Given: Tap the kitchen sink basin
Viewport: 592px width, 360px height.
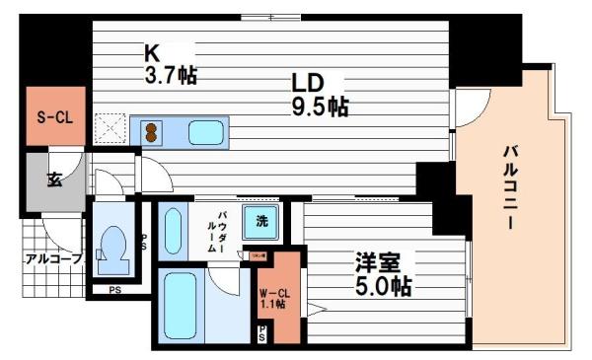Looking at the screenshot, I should [205, 131].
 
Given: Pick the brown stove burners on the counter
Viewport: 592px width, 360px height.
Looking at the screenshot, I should [151, 131].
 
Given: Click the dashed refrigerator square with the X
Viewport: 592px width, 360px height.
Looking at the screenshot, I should [111, 127].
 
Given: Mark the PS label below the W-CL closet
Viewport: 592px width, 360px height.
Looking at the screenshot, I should [261, 335].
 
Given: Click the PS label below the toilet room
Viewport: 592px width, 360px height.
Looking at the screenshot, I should [115, 290].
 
